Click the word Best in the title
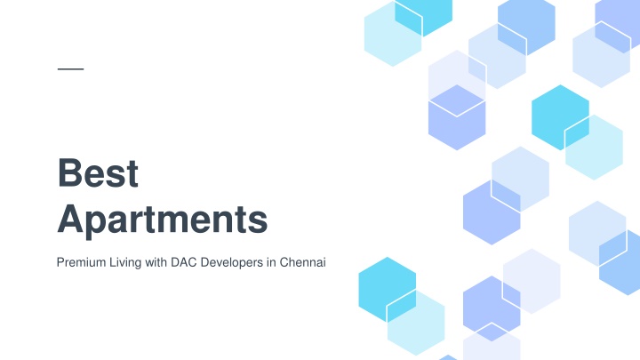pyautogui.click(x=98, y=172)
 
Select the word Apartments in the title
pyautogui.click(x=163, y=220)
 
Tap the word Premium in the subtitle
pyautogui.click(x=81, y=262)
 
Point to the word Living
pyautogui.click(x=125, y=263)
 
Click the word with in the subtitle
pyautogui.click(x=156, y=262)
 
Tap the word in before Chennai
pyautogui.click(x=271, y=262)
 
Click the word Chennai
pyautogui.click(x=302, y=262)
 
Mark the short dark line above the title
pyautogui.click(x=70, y=69)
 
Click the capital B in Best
pyautogui.click(x=70, y=172)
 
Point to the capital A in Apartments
pyautogui.click(x=71, y=219)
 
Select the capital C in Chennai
pyautogui.click(x=284, y=262)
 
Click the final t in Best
pyautogui.click(x=132, y=175)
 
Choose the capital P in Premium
pyautogui.click(x=60, y=262)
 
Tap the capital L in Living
pyautogui.click(x=112, y=262)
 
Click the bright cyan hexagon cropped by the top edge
pyautogui.click(x=424, y=14)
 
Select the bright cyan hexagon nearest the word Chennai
pyautogui.click(x=388, y=290)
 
